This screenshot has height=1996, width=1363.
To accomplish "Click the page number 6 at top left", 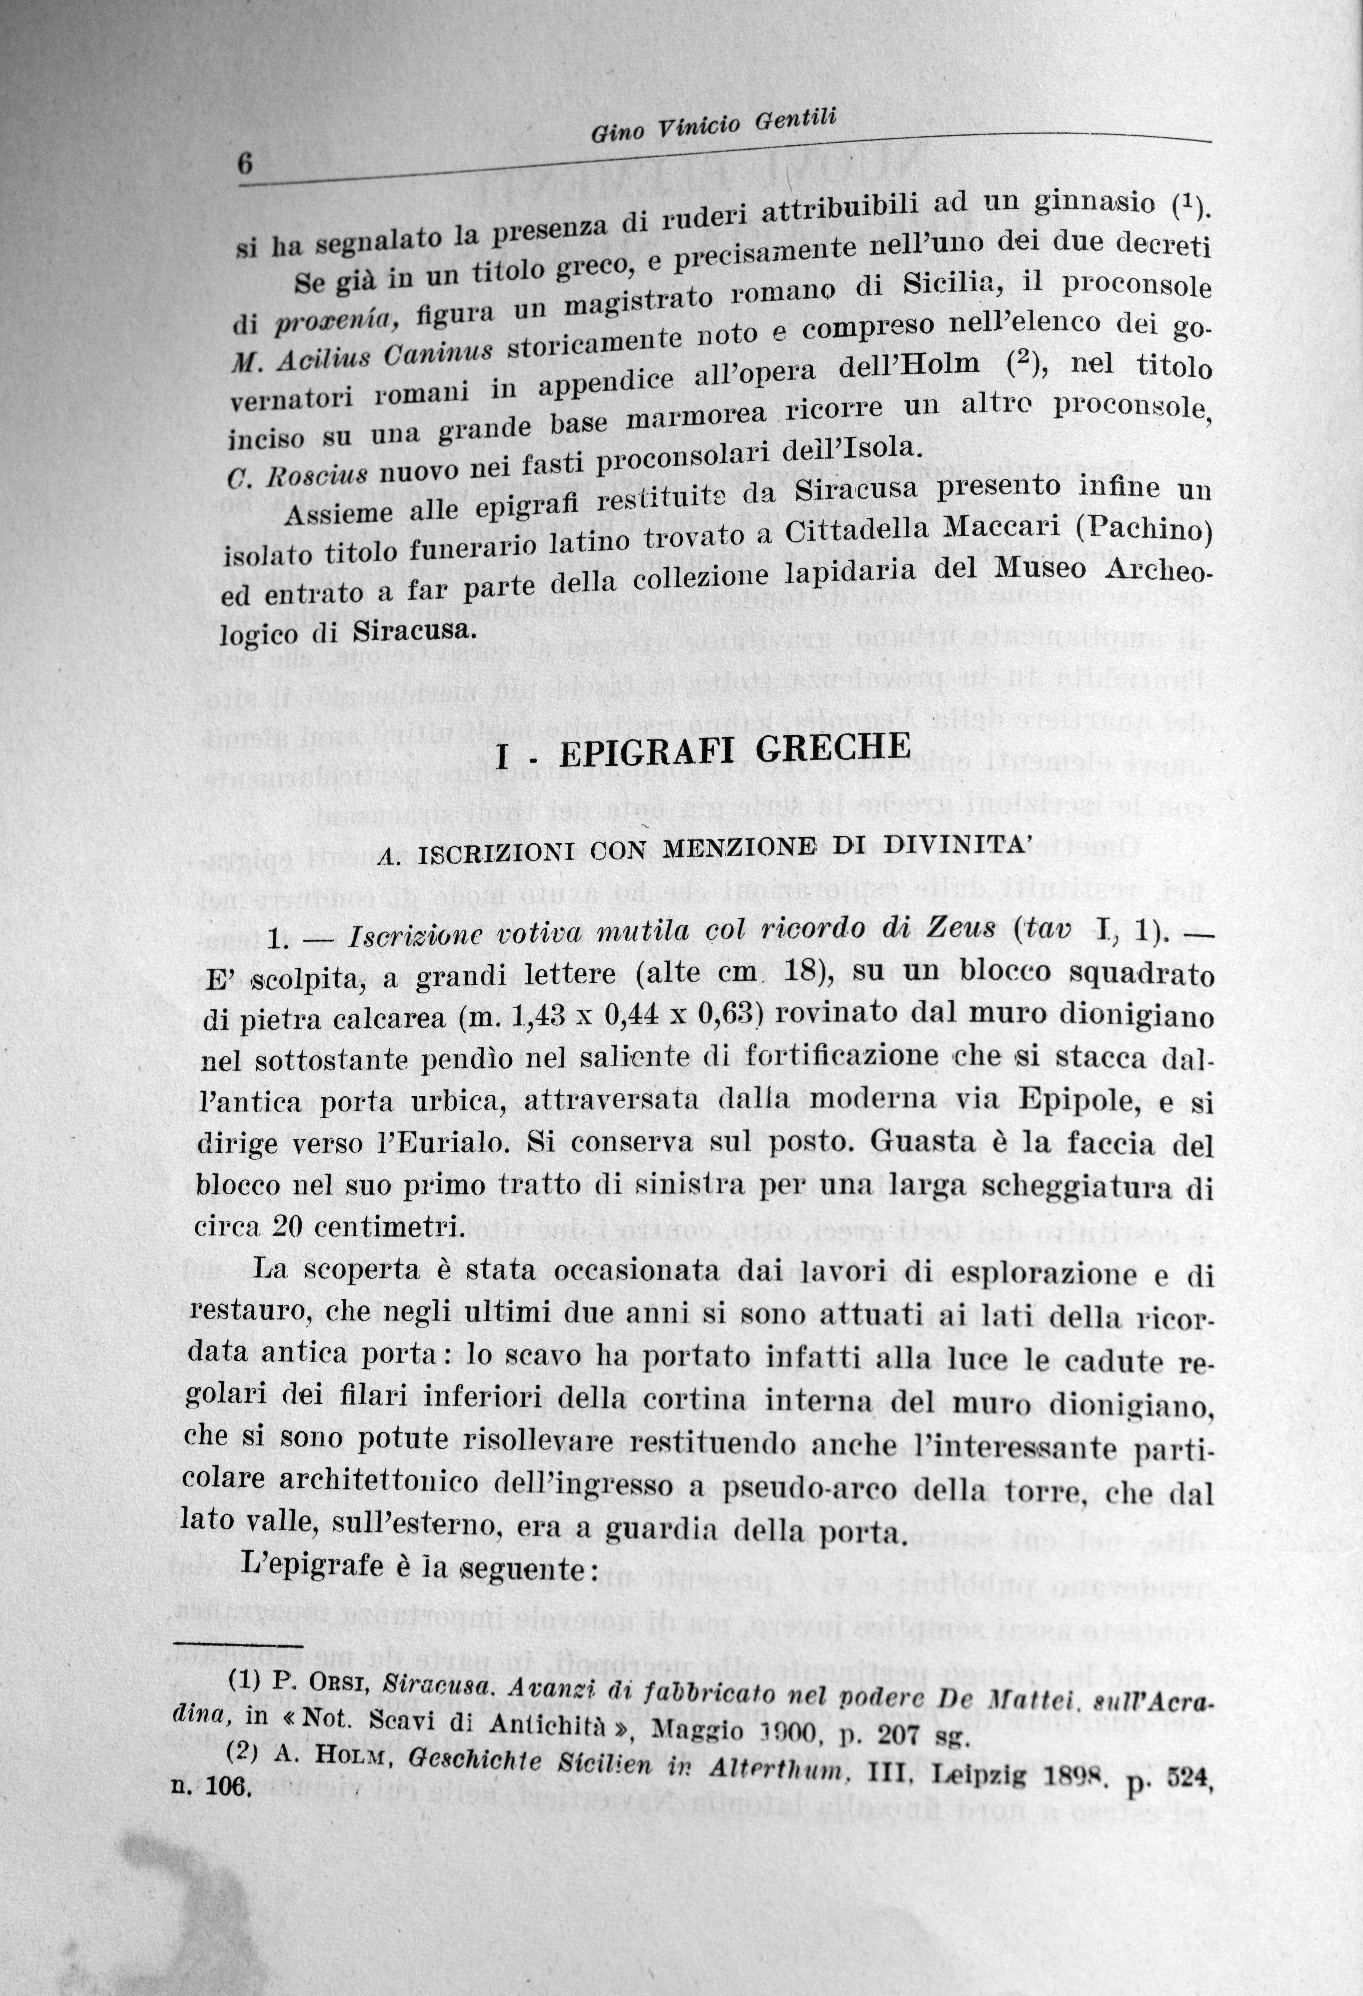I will point(243,165).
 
